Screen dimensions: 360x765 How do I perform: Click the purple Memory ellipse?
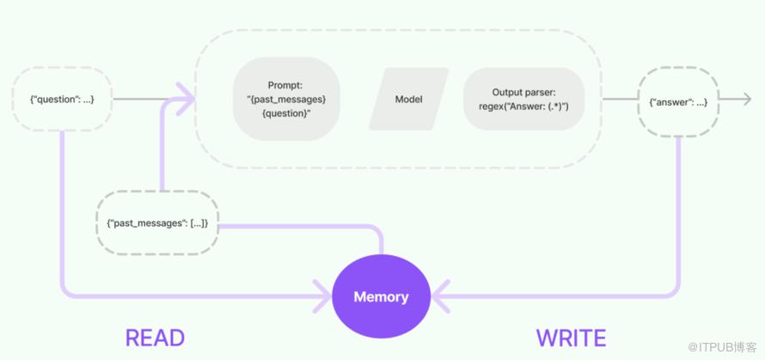[x=381, y=297]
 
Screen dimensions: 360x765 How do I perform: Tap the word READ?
[x=156, y=338]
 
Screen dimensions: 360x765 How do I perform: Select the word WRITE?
[x=571, y=338]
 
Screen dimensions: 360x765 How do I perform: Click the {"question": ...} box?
[x=62, y=100]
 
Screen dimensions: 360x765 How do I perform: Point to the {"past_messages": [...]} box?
[x=157, y=223]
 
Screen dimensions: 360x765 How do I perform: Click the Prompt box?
[x=286, y=99]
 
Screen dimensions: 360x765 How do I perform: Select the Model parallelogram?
[x=409, y=99]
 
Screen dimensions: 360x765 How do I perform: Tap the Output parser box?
[x=524, y=99]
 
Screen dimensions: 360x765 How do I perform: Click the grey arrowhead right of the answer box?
[x=745, y=101]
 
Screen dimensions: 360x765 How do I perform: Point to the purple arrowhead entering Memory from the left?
[x=324, y=297]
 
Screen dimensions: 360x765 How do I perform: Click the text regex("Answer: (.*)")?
[x=524, y=106]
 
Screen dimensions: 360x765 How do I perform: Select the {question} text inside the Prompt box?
[x=286, y=113]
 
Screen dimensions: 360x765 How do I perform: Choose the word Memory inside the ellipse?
[x=381, y=297]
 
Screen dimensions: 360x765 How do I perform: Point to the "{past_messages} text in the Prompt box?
[x=286, y=99]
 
